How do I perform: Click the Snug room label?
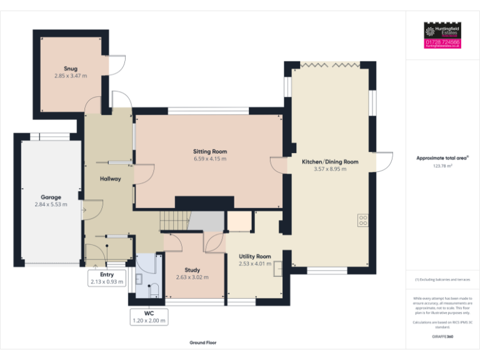tap(70, 68)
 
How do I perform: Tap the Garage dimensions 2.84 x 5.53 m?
tap(51, 204)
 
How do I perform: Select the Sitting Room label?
tap(209, 151)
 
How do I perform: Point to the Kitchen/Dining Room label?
tap(330, 161)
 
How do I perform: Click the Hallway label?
tap(111, 179)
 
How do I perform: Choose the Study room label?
tap(192, 270)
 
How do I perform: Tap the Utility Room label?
tap(254, 256)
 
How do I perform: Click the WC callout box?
tap(149, 317)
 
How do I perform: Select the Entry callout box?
tap(107, 278)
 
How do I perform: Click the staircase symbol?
tap(174, 221)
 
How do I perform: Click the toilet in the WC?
tap(153, 289)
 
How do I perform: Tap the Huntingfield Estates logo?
tap(442, 31)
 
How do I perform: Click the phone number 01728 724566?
tap(442, 42)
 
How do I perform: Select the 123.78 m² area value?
tap(442, 166)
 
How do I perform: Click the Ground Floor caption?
tap(203, 342)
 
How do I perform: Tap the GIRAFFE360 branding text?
tap(442, 337)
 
